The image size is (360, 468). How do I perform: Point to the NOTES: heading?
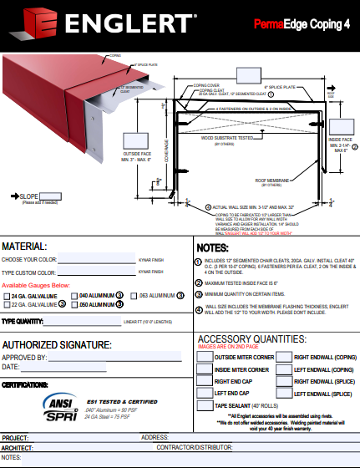(x=211, y=248)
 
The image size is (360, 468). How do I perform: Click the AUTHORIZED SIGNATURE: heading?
(x=57, y=344)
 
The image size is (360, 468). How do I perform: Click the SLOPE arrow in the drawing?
(x=14, y=196)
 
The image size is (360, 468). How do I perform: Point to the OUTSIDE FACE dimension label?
(x=137, y=157)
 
